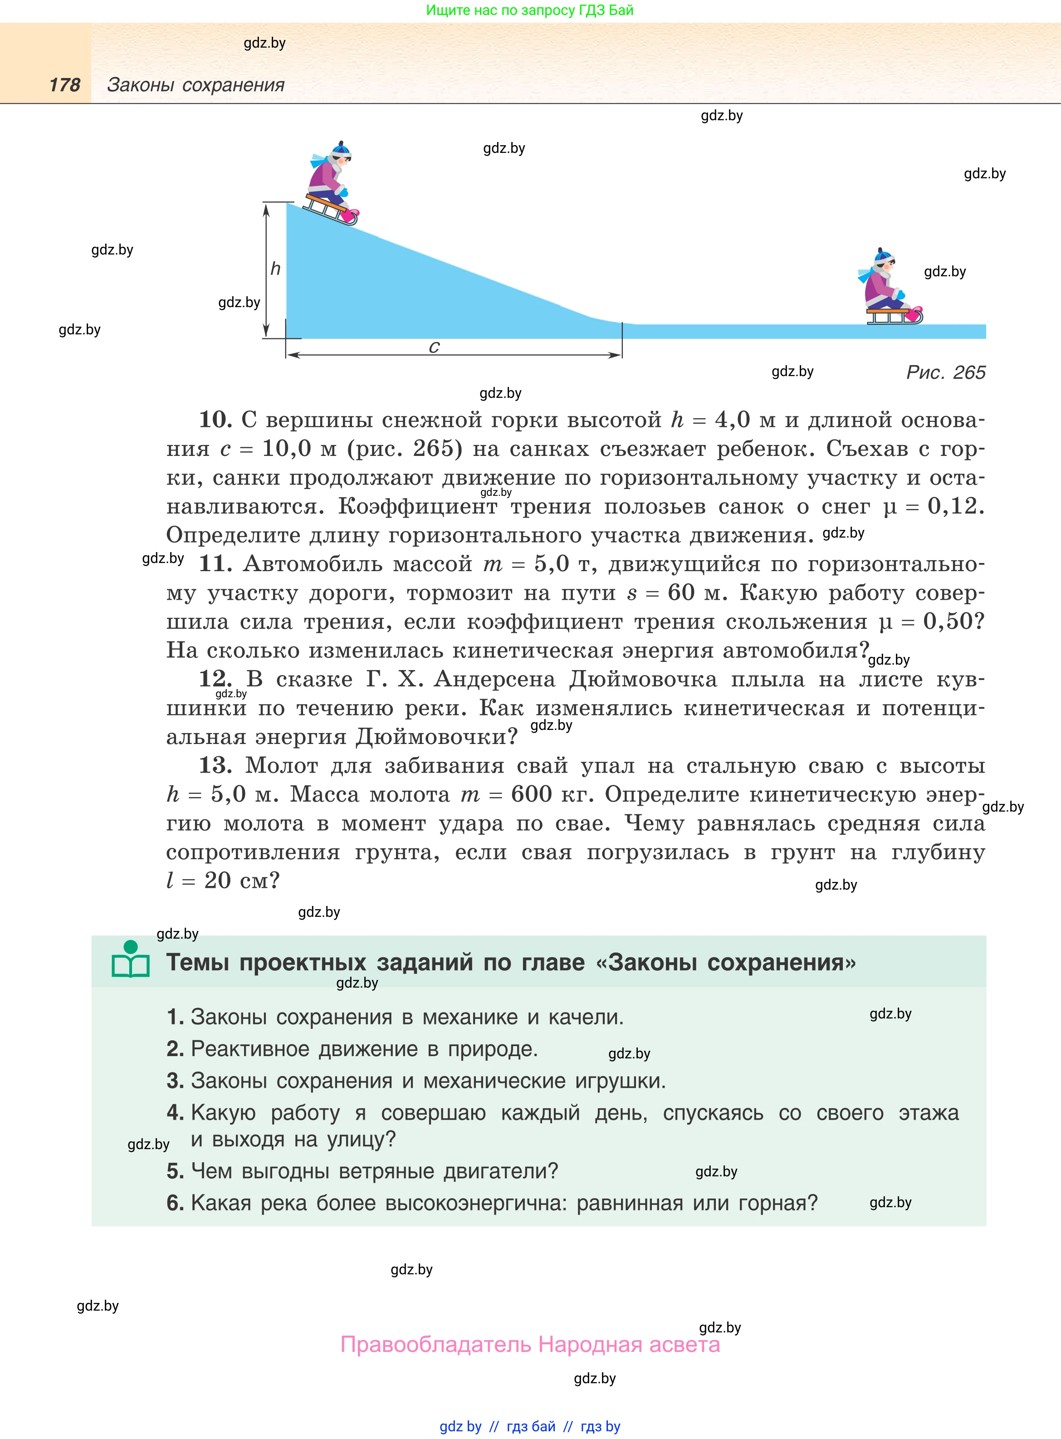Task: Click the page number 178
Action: click(65, 85)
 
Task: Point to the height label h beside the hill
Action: click(275, 269)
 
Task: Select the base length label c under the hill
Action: click(434, 348)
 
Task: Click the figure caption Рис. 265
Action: click(945, 372)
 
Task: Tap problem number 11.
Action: click(215, 564)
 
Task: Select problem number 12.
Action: click(215, 679)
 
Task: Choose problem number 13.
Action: click(215, 765)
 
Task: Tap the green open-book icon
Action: click(130, 960)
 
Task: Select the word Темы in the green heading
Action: click(198, 963)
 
